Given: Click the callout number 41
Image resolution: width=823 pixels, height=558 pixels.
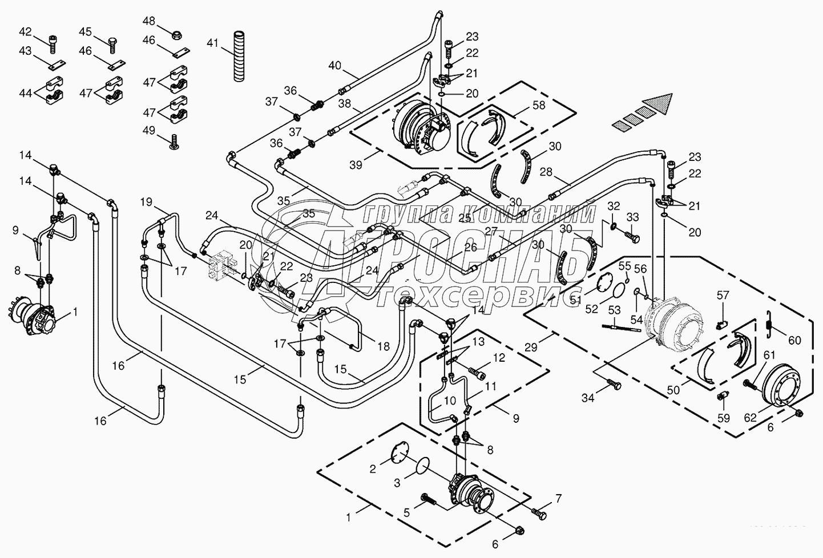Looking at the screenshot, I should [x=213, y=43].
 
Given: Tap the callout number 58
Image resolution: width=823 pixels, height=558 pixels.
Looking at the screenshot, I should [x=538, y=106].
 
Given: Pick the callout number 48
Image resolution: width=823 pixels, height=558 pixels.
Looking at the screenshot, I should [x=149, y=21].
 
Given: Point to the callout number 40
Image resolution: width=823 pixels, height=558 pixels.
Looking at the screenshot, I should [x=334, y=66].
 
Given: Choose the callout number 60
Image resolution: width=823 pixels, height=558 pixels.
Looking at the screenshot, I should [x=794, y=341].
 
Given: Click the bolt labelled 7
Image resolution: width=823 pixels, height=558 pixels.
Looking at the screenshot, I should [x=538, y=512].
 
